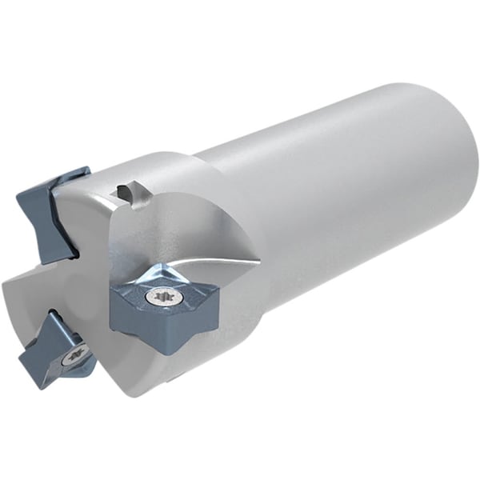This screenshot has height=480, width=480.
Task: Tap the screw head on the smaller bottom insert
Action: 76,352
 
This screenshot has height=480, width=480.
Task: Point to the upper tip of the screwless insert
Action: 86,169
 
